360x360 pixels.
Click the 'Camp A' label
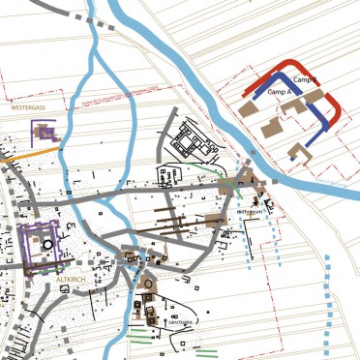tap(280, 91)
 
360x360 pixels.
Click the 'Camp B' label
tap(306, 79)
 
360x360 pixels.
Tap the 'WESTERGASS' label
tap(28, 109)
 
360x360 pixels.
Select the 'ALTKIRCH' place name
tap(73, 279)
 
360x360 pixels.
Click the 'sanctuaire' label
tap(180, 322)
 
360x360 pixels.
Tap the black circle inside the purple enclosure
tap(47, 246)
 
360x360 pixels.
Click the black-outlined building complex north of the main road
tap(195, 146)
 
